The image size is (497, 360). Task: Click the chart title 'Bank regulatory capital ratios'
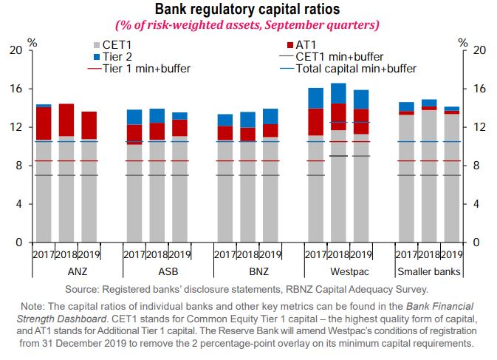pyautogui.click(x=247, y=9)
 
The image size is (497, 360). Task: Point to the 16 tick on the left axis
pyautogui.click(x=16, y=89)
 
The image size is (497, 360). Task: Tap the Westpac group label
pyautogui.click(x=339, y=271)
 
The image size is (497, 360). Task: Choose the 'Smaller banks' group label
pyautogui.click(x=429, y=271)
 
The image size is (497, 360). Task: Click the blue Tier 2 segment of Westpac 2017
pyautogui.click(x=316, y=98)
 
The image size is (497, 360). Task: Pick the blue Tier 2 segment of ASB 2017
pyautogui.click(x=134, y=117)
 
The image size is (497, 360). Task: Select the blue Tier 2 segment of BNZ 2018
pyautogui.click(x=248, y=119)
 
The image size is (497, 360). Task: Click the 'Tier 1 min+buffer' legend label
pyautogui.click(x=145, y=69)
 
